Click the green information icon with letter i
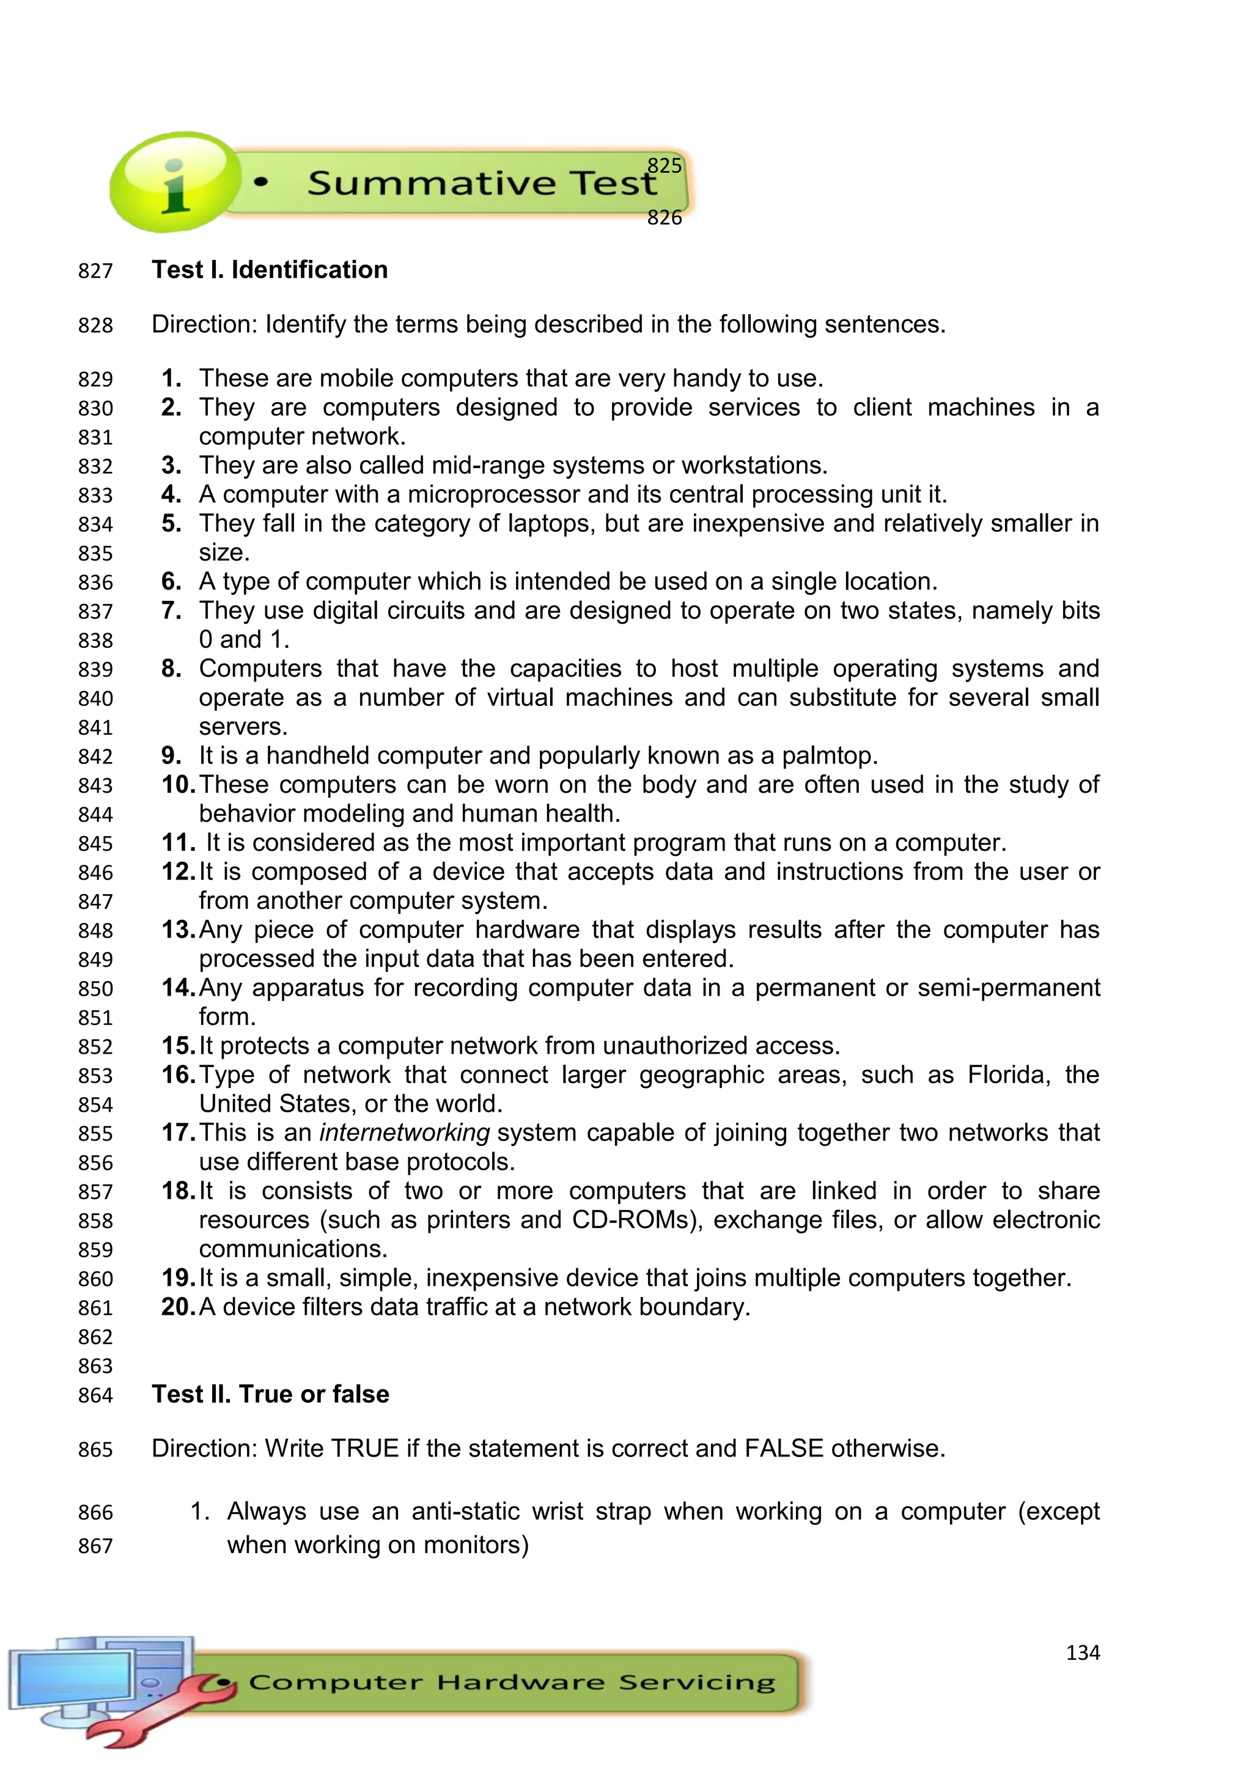coord(174,183)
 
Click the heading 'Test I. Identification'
coord(269,270)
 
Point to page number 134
coord(1083,1652)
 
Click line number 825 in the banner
coord(664,166)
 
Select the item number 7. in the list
coord(171,611)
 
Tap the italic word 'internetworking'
coord(404,1133)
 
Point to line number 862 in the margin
coord(95,1337)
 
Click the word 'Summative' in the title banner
coord(430,183)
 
